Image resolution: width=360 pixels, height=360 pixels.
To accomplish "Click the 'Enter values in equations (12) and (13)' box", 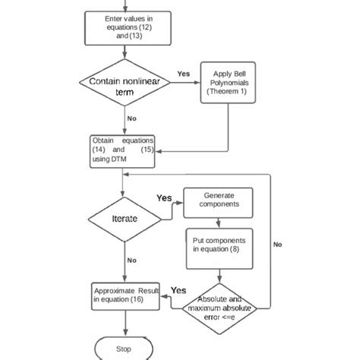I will click(x=124, y=27).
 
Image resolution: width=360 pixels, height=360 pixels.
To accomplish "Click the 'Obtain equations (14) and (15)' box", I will click(x=122, y=150).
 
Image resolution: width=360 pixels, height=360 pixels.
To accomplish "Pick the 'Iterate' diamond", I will click(x=124, y=217).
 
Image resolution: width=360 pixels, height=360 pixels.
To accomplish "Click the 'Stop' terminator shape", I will click(x=124, y=349).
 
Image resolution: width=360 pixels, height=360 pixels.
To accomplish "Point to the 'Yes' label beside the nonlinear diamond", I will click(x=183, y=74).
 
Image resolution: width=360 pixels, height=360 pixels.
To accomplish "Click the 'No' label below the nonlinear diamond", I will click(x=132, y=118).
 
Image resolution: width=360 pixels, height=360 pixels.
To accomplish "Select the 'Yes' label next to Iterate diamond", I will click(x=165, y=198).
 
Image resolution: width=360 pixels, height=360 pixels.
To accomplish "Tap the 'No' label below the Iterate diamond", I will click(x=131, y=260).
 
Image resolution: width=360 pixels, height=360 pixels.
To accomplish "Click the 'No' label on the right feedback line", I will click(x=278, y=245).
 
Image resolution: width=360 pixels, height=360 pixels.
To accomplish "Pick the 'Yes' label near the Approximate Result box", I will click(x=178, y=290).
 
